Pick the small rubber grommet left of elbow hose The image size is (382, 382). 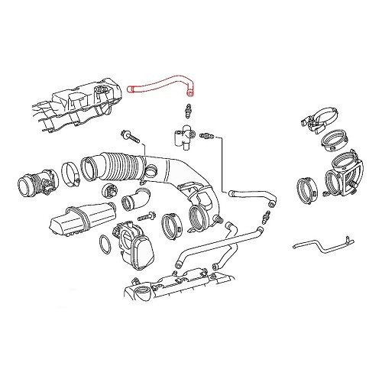pos(106,191)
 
